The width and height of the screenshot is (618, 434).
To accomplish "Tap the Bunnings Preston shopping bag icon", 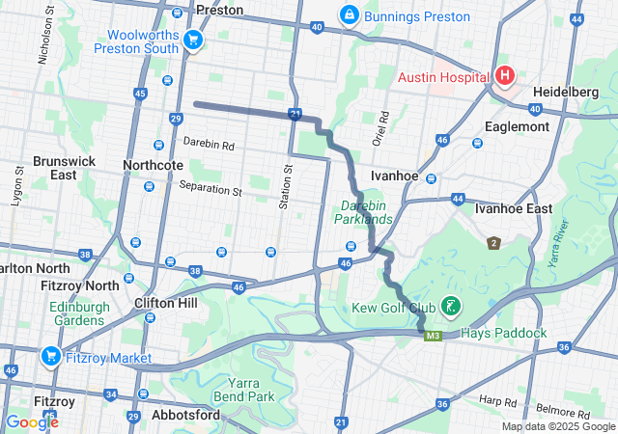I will tap(348, 15).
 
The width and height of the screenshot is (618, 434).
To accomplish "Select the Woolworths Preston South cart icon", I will tap(193, 40).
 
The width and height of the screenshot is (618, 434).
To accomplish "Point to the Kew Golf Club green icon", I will tap(449, 307).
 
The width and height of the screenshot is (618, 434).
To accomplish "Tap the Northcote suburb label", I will tap(153, 165).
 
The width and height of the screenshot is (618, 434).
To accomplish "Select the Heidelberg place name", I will tap(572, 90).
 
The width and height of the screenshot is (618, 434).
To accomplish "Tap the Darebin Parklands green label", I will tap(364, 212).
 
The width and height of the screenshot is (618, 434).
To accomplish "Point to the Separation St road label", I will tap(210, 191).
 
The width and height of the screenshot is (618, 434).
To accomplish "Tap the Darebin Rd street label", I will tap(209, 147).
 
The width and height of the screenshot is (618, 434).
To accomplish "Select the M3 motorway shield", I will tap(433, 336).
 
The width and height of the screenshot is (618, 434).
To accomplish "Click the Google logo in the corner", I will tap(32, 421).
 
